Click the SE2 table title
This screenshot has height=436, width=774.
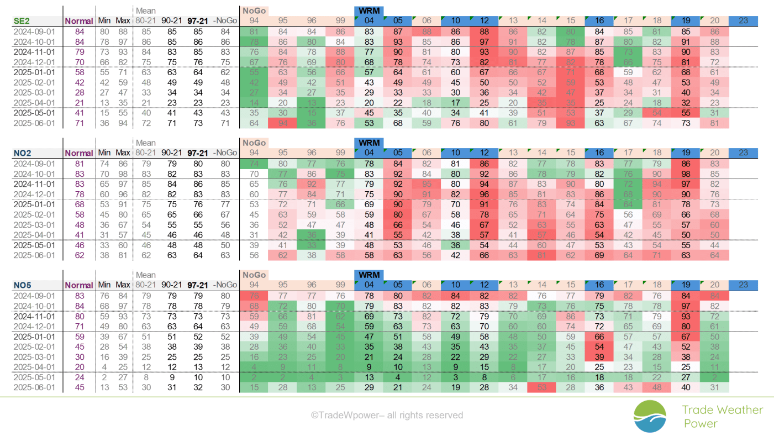click(22, 21)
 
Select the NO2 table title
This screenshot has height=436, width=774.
click(23, 153)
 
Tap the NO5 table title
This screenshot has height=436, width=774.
click(23, 285)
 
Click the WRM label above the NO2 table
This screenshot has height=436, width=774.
click(369, 143)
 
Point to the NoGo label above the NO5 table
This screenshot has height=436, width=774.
click(254, 275)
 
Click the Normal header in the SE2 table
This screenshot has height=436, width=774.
click(79, 21)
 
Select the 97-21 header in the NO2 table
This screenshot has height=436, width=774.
click(198, 153)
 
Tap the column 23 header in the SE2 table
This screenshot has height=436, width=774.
click(743, 21)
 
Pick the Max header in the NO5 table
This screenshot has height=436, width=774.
click(123, 285)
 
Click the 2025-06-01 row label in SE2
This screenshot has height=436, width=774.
click(34, 123)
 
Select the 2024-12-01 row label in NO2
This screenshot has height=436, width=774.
click(34, 195)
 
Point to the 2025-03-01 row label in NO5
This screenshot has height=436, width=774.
click(34, 357)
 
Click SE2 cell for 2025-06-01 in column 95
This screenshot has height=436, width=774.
click(283, 123)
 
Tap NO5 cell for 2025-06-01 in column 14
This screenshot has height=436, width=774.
click(541, 387)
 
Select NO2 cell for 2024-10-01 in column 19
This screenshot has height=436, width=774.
click(686, 174)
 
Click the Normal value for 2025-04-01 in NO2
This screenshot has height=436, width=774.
click(80, 235)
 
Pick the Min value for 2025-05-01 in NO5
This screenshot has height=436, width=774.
click(104, 377)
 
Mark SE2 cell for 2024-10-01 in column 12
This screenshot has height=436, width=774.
click(484, 42)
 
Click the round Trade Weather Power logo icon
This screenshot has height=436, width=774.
click(650, 416)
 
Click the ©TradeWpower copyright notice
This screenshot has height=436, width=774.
click(387, 415)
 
